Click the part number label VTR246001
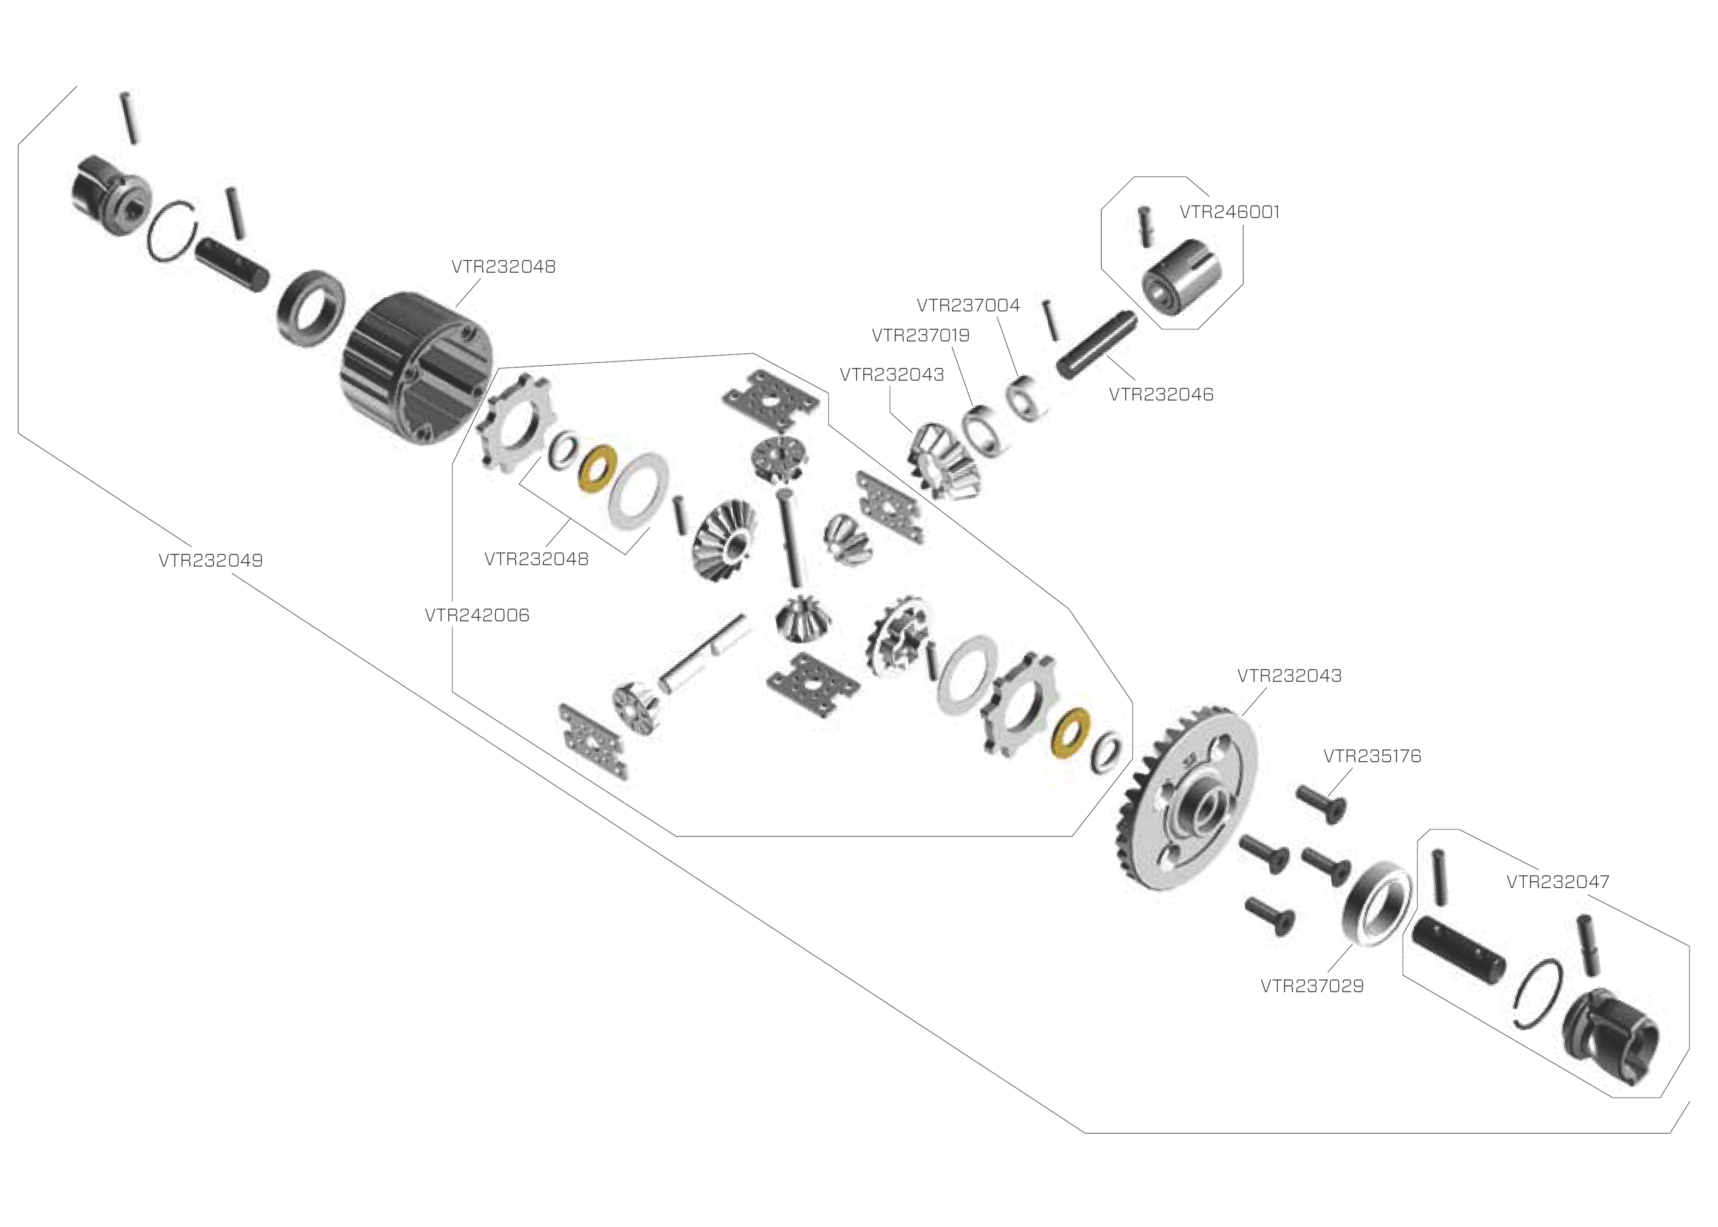tap(1229, 212)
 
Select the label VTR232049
tap(210, 561)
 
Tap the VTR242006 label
tap(477, 615)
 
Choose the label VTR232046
tap(1161, 394)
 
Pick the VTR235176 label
tap(1372, 756)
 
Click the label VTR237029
tap(1312, 986)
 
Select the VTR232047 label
tap(1557, 882)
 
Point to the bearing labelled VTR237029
tap(1377, 903)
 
